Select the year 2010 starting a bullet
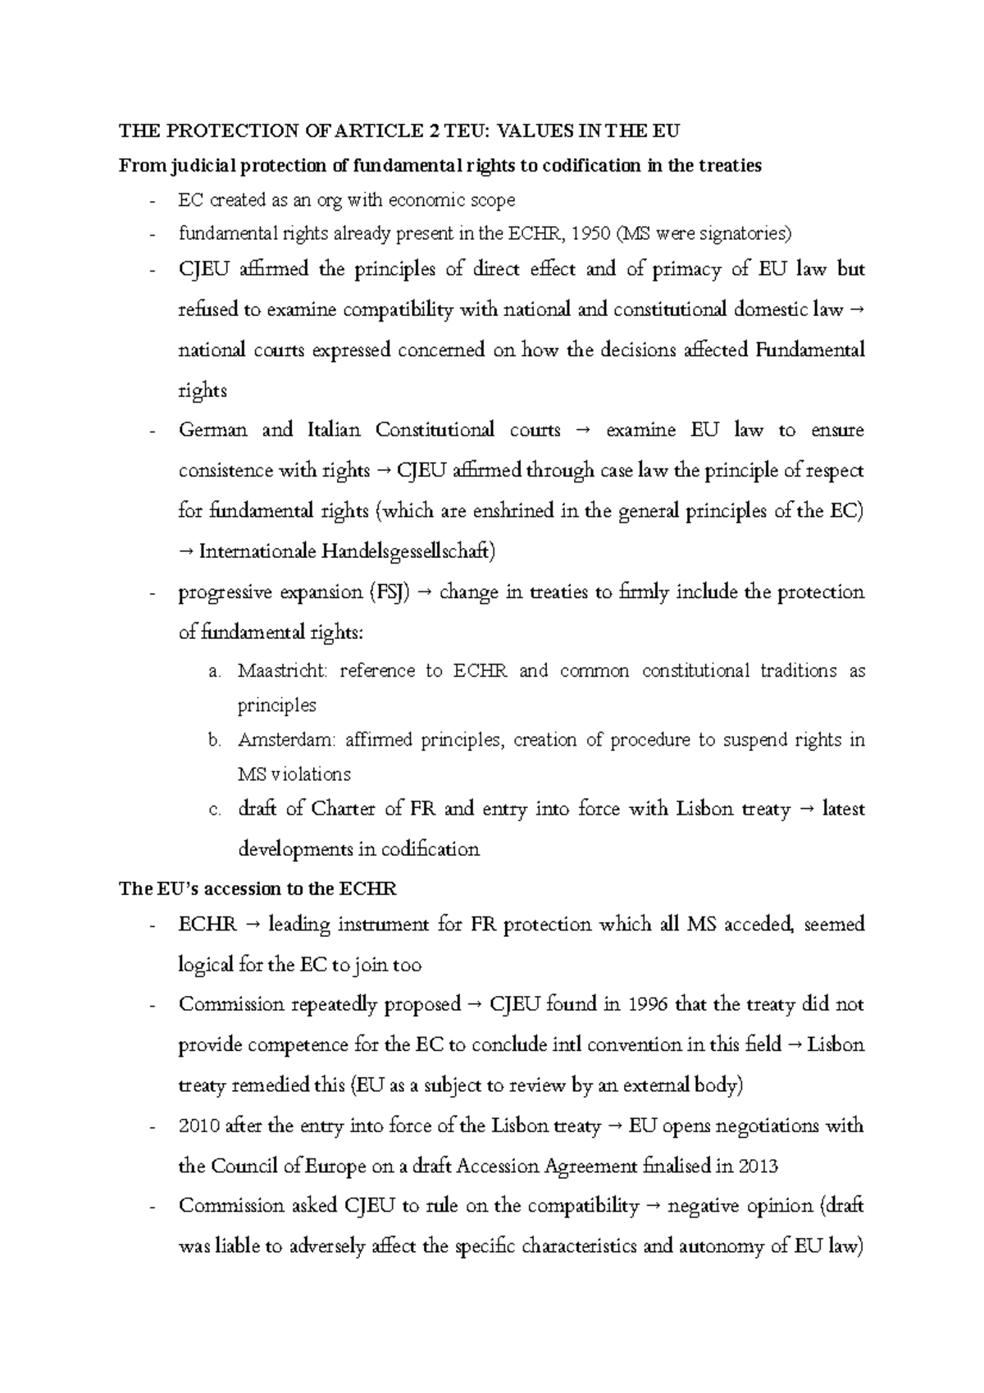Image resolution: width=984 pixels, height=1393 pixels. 198,1126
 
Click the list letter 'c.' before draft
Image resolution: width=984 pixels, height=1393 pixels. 216,810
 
